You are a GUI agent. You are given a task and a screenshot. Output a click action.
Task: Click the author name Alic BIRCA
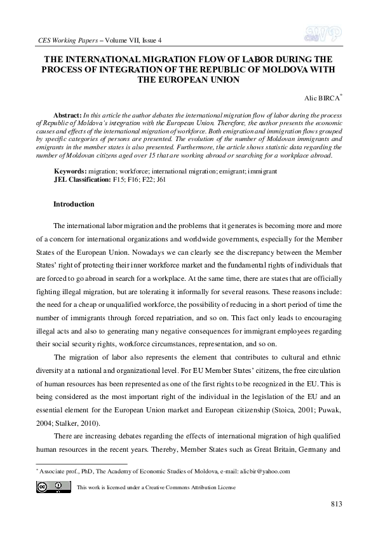(x=323, y=99)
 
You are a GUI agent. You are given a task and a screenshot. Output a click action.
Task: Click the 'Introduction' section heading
(x=74, y=205)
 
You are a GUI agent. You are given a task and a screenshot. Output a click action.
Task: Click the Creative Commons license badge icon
(x=53, y=486)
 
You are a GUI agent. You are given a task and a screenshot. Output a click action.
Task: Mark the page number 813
(x=337, y=505)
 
